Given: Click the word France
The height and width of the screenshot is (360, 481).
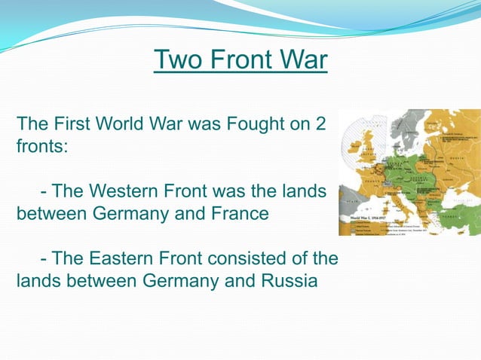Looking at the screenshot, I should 236,213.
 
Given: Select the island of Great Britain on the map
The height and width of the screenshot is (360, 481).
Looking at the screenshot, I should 367,151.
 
